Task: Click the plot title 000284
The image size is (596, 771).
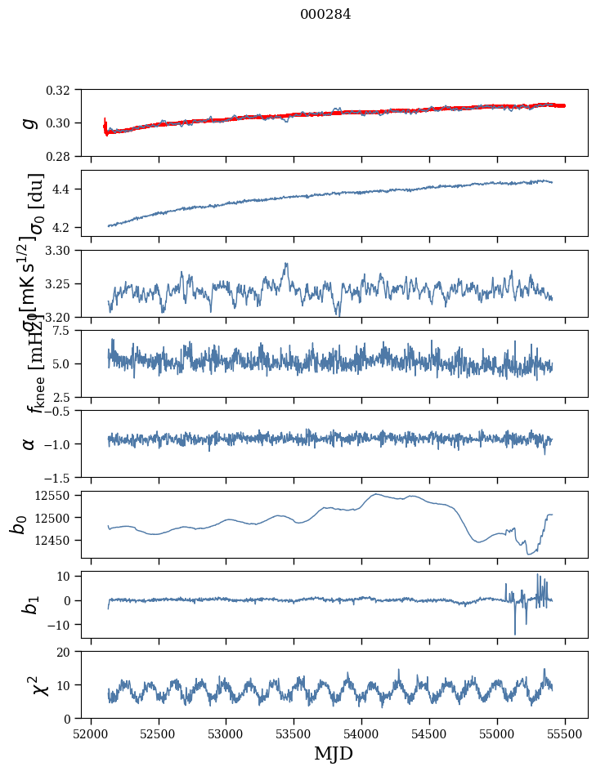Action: point(325,15)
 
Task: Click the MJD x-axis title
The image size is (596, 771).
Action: point(334,754)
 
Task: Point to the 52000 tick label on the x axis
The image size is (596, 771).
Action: point(91,734)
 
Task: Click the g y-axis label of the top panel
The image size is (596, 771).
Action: point(29,123)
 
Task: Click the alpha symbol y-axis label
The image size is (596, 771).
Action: point(29,443)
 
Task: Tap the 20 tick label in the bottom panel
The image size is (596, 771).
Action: point(69,652)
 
